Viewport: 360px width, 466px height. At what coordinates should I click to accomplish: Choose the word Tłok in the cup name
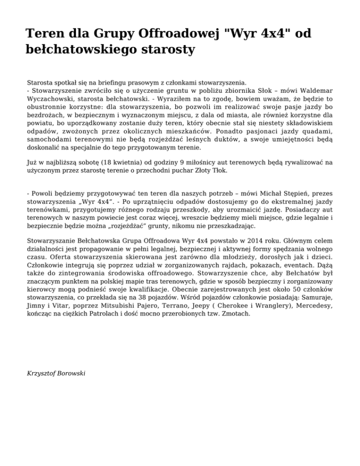[218, 171]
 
